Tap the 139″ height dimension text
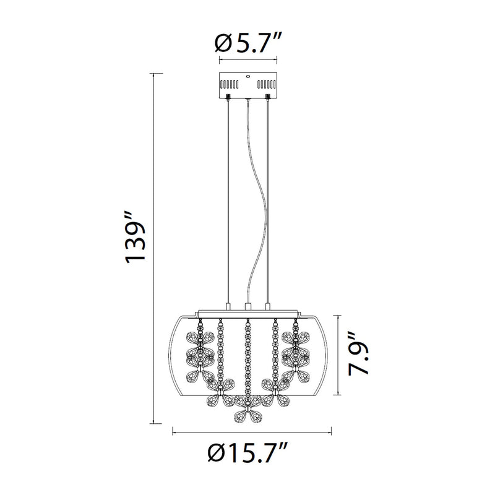pyautogui.click(x=136, y=238)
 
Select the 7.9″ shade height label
pyautogui.click(x=359, y=354)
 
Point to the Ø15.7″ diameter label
pyautogui.click(x=248, y=452)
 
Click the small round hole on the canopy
pyautogui.click(x=248, y=76)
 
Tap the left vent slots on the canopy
pyautogui.click(x=229, y=85)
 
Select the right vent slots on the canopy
pyautogui.click(x=267, y=85)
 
